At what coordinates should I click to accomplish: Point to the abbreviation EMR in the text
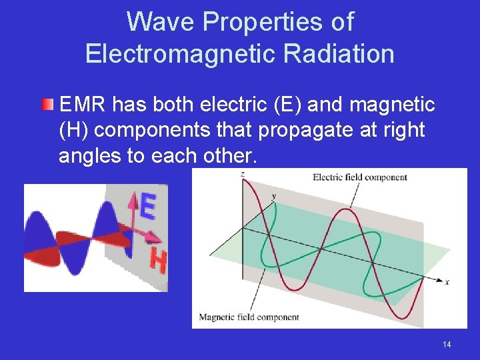point(83,105)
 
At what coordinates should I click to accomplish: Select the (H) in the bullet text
point(75,130)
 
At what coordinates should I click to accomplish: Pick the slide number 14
point(447,344)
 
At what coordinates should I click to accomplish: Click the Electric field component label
point(359,177)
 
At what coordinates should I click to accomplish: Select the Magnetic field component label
point(249,317)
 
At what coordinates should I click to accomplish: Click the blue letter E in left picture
point(148,207)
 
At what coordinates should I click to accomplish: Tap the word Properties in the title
point(278,22)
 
